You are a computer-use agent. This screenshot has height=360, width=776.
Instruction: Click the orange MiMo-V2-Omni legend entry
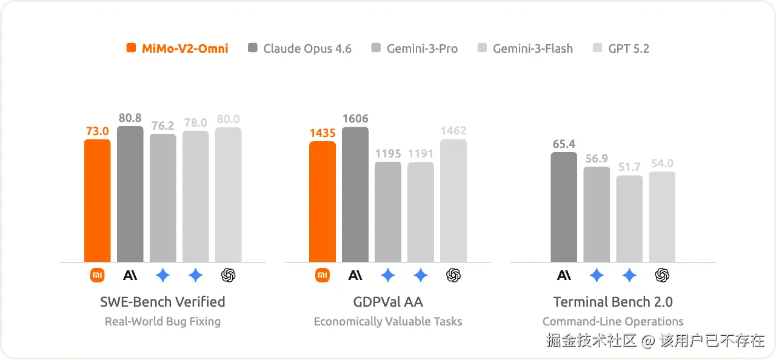coord(178,48)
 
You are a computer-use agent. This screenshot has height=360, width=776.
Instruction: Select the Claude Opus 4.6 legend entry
coord(300,48)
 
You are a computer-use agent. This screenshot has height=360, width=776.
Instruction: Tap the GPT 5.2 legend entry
coord(621,48)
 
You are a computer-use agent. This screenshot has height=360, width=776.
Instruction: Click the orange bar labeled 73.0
coord(98,201)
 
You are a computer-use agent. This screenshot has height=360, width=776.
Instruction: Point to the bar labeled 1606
coord(355,195)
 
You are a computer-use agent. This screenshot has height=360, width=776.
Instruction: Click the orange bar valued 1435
coord(323,202)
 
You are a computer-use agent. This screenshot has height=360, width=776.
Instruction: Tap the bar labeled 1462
coord(453,201)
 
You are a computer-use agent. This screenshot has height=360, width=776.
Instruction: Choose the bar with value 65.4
coord(564,207)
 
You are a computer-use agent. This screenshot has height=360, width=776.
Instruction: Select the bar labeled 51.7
coord(629,219)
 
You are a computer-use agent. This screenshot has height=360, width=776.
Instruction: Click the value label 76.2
coord(163,126)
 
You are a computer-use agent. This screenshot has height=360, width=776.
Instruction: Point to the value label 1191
coord(421,153)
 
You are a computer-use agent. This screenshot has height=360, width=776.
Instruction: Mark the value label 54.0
coord(662,164)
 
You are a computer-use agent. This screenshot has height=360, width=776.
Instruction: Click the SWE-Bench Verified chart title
coord(162,302)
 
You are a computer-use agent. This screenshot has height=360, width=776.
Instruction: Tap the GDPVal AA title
coord(388,302)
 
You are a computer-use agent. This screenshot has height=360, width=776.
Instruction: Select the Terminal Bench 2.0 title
coord(613,302)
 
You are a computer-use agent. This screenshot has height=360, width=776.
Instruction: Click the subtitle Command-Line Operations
coord(613,322)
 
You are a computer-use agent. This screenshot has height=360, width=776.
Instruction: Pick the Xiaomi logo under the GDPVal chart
coord(323,275)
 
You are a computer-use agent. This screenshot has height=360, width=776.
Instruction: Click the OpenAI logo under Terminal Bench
coord(662,275)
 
